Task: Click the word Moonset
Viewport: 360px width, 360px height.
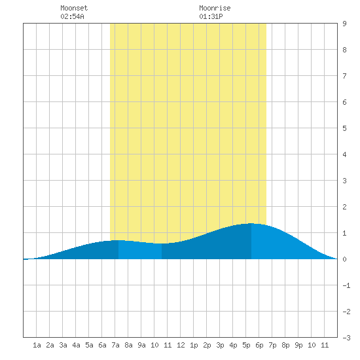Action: click(x=74, y=8)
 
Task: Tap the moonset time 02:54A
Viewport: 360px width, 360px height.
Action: click(x=72, y=16)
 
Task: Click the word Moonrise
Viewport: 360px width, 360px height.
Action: click(x=215, y=8)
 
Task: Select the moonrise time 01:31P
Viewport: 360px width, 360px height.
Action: click(x=211, y=16)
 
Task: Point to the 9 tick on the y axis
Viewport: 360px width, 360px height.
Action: click(x=344, y=24)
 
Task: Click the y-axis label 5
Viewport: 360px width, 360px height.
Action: click(x=344, y=128)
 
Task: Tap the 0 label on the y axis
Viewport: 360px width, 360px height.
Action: click(x=344, y=259)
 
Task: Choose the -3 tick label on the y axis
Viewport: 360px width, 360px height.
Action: click(x=346, y=338)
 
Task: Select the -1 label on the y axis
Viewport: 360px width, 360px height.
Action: click(x=346, y=285)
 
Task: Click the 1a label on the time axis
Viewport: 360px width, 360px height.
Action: click(x=37, y=345)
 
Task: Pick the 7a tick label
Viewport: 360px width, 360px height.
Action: click(x=115, y=345)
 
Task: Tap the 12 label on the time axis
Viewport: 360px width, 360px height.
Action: click(x=181, y=345)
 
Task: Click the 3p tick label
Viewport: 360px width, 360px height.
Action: click(x=220, y=345)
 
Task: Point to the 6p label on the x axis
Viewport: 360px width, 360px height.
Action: click(x=259, y=345)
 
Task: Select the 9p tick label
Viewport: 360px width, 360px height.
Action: click(x=298, y=345)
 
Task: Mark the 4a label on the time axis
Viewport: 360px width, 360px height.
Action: click(x=76, y=345)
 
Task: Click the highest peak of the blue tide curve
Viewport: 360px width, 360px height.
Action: click(x=251, y=223)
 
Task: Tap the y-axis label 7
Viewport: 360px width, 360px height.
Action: click(x=344, y=76)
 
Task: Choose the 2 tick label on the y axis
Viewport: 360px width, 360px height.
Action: click(x=344, y=207)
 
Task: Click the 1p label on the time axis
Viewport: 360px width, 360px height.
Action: click(x=194, y=345)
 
